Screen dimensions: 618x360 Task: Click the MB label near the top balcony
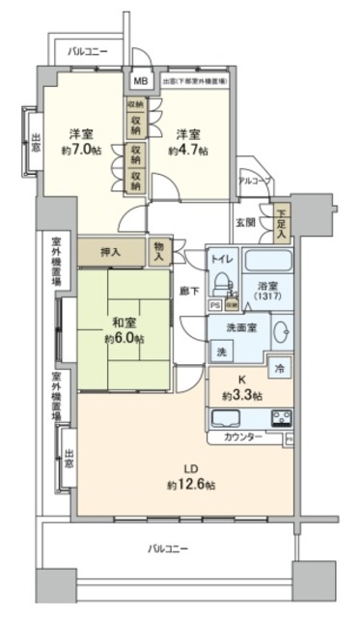(x=141, y=82)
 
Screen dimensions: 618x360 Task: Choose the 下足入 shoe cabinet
(x=281, y=224)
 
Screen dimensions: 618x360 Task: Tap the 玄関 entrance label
(x=245, y=222)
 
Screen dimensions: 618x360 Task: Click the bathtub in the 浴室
(x=266, y=263)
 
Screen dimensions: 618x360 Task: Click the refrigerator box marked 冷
(x=278, y=368)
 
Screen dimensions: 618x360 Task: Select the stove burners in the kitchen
(x=283, y=418)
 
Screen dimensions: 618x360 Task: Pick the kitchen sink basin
(x=227, y=418)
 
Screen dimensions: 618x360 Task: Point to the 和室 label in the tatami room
(x=124, y=323)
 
